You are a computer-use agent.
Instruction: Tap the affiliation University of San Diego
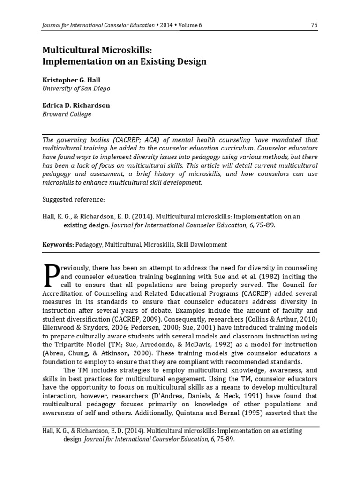(x=76, y=88)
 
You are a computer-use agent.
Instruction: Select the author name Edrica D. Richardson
(x=76, y=105)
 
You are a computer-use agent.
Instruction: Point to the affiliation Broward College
(x=67, y=114)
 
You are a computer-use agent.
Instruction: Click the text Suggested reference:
(x=74, y=199)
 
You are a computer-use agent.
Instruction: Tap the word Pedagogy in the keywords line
(x=89, y=244)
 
